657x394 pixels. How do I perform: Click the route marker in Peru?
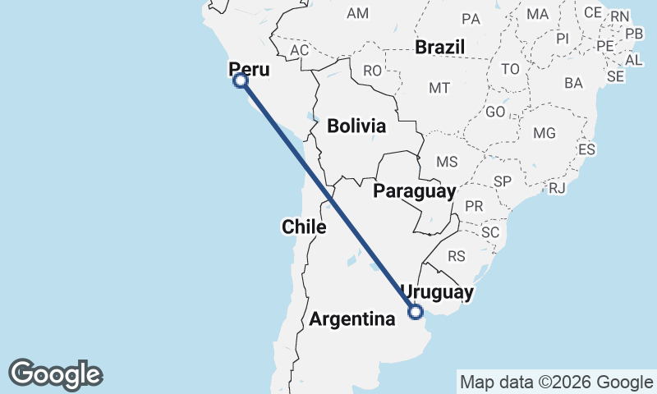(241, 80)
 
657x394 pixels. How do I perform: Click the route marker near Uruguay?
(416, 311)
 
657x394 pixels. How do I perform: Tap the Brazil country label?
(440, 47)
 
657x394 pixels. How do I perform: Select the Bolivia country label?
(356, 126)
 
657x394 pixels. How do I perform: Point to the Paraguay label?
(414, 191)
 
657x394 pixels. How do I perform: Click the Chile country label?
(304, 227)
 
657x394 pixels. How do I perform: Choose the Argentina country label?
(352, 319)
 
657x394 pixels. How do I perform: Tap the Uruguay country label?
(437, 292)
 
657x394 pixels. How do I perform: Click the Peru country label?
(248, 68)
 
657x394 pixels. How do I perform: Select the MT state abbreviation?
(439, 88)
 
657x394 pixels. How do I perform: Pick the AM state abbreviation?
(358, 13)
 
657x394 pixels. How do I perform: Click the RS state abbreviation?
(457, 256)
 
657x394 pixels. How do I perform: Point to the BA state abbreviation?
(573, 83)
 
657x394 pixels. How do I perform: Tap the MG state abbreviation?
(544, 133)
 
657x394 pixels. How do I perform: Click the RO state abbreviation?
(372, 71)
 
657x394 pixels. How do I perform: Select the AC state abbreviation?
(299, 50)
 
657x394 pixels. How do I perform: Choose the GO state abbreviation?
(495, 112)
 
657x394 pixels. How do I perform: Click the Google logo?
(56, 374)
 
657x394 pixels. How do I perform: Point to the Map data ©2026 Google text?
(555, 382)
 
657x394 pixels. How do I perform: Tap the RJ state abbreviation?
(558, 188)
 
